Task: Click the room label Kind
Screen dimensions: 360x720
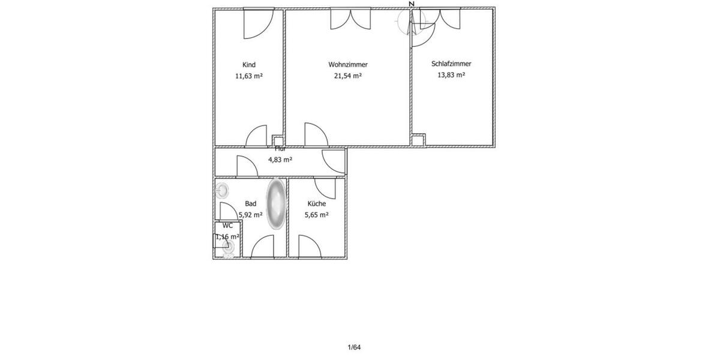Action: (249, 65)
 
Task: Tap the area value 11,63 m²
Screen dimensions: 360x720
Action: (249, 76)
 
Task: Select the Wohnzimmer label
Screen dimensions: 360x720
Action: (348, 65)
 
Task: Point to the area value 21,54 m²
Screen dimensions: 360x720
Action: (348, 76)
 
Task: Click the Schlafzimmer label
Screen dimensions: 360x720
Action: (451, 64)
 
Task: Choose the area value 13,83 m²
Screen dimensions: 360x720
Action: (451, 75)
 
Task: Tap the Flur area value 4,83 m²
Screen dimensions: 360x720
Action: (280, 160)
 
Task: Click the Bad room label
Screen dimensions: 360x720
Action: (251, 204)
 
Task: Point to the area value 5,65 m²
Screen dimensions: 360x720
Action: (316, 215)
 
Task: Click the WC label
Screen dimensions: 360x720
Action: (227, 226)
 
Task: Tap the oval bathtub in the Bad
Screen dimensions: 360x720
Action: (276, 203)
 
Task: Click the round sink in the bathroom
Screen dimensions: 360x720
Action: (223, 191)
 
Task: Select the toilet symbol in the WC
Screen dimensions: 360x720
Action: (228, 254)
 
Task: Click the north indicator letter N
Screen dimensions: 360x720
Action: (411, 4)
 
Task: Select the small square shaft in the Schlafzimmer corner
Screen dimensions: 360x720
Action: (418, 140)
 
